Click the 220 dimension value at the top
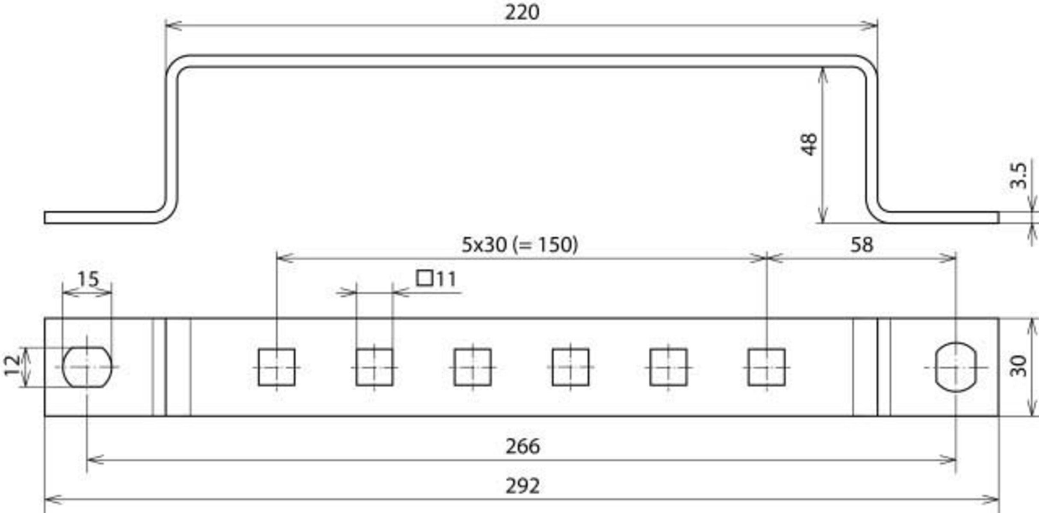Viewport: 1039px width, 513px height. pyautogui.click(x=522, y=12)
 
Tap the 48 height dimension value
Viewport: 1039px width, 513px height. pyautogui.click(x=809, y=144)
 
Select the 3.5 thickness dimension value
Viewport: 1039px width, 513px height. pyautogui.click(x=1018, y=175)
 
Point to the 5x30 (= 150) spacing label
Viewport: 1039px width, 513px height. pyautogui.click(x=519, y=245)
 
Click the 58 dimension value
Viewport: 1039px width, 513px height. pyautogui.click(x=862, y=245)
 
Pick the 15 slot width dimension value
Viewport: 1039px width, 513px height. pyautogui.click(x=88, y=279)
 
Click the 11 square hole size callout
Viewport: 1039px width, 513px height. pyautogui.click(x=436, y=279)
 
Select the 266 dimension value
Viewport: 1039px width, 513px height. pyautogui.click(x=522, y=446)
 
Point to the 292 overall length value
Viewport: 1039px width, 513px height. pyautogui.click(x=522, y=486)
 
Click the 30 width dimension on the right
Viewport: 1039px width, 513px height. pyautogui.click(x=1018, y=366)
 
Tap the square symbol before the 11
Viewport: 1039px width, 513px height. pyautogui.click(x=425, y=279)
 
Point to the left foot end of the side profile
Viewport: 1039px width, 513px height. pyautogui.click(x=45, y=217)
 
